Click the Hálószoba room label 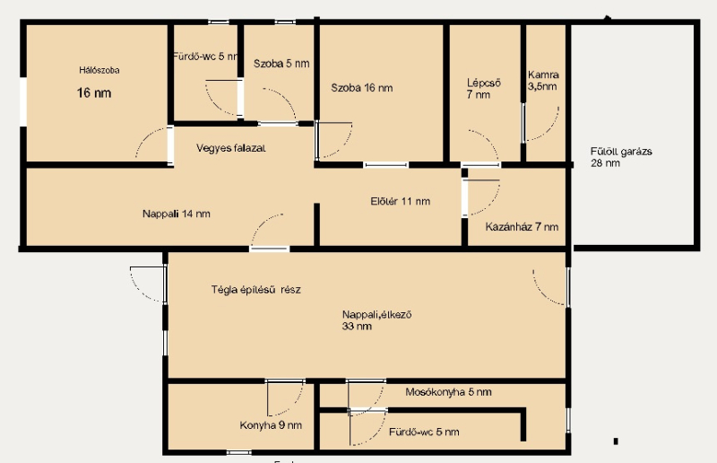point(99,70)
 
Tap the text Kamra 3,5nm point(543,81)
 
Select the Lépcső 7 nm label point(484,89)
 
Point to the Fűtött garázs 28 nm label point(621,157)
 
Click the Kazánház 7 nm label point(522,227)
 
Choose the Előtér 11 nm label point(400,201)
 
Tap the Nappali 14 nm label point(177,214)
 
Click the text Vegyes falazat point(231,148)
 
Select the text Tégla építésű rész point(256,290)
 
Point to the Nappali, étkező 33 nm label point(376,320)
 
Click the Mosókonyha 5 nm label point(449,392)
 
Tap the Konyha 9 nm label point(271,425)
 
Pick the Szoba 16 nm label point(362,88)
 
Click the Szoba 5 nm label point(281,64)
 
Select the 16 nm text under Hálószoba point(94,93)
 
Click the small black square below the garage point(616,441)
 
